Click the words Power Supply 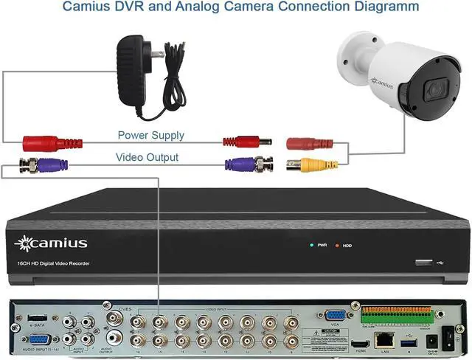click(151, 136)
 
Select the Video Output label click(147, 157)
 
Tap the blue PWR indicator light click(313, 245)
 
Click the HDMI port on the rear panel click(361, 345)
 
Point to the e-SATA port click(37, 316)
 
